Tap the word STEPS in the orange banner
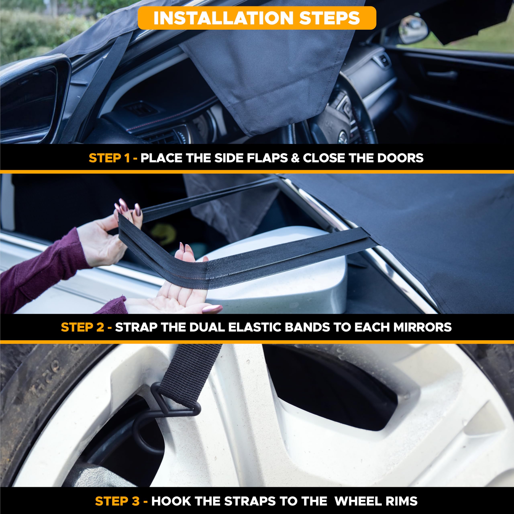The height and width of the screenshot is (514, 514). pyautogui.click(x=329, y=18)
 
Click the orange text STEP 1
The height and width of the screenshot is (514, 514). pyautogui.click(x=109, y=158)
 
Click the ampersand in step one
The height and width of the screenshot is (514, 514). pyautogui.click(x=295, y=158)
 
